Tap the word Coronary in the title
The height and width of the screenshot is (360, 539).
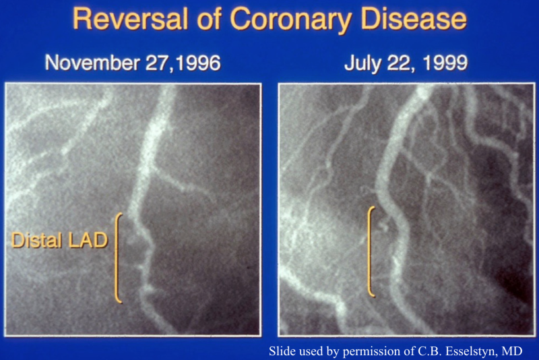(291, 21)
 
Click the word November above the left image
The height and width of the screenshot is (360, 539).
(92, 63)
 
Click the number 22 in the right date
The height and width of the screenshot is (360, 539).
(398, 63)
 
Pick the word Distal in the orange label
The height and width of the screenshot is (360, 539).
(37, 240)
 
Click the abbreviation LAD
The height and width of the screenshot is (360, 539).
(88, 240)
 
